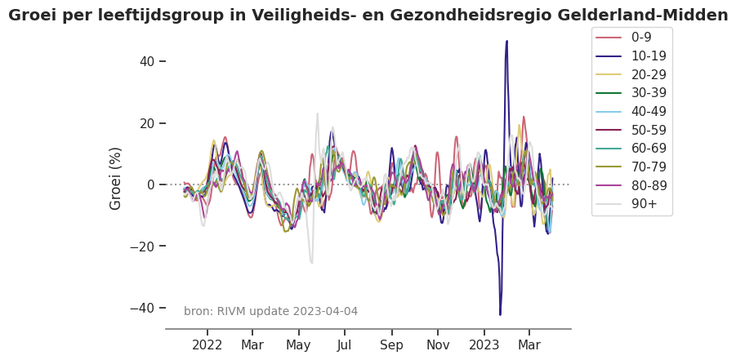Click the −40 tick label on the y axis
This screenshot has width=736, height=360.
click(x=141, y=308)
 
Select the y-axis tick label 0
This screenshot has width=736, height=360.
click(x=150, y=184)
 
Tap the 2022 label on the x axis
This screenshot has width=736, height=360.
click(x=207, y=344)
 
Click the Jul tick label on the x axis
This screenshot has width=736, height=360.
click(x=344, y=344)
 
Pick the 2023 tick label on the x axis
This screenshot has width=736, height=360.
click(x=484, y=344)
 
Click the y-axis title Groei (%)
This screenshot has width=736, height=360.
click(x=116, y=178)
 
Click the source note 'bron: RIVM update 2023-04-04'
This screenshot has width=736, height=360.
click(x=270, y=311)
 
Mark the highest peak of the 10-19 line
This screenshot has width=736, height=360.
click(x=506, y=41)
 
